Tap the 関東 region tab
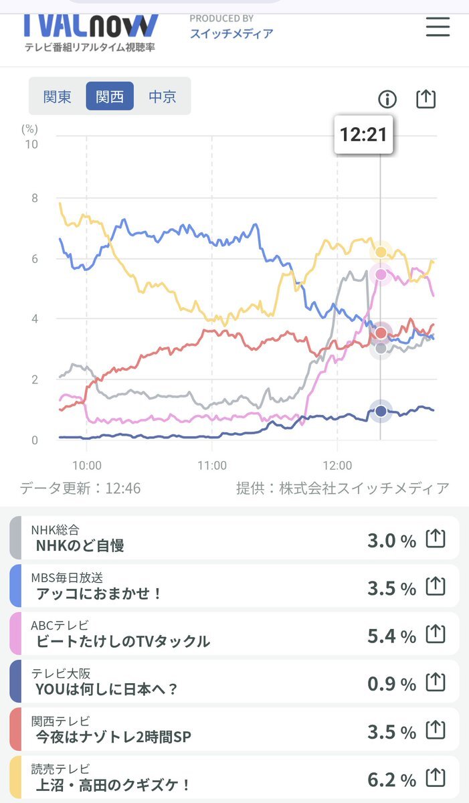tap(58, 96)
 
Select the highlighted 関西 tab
tap(110, 96)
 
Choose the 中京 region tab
tap(162, 96)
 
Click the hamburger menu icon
tap(438, 26)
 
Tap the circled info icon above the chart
tap(387, 100)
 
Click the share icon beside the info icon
tap(426, 99)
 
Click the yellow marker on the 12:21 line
tap(381, 252)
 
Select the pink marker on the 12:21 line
tap(381, 274)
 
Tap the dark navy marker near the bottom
tap(381, 411)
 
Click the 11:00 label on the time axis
tap(212, 466)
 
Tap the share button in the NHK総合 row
tap(436, 538)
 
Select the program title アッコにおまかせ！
tap(100, 594)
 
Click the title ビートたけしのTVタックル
tap(123, 641)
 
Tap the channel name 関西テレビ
tap(60, 721)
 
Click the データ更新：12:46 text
tap(80, 488)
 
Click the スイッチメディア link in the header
tap(231, 33)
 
